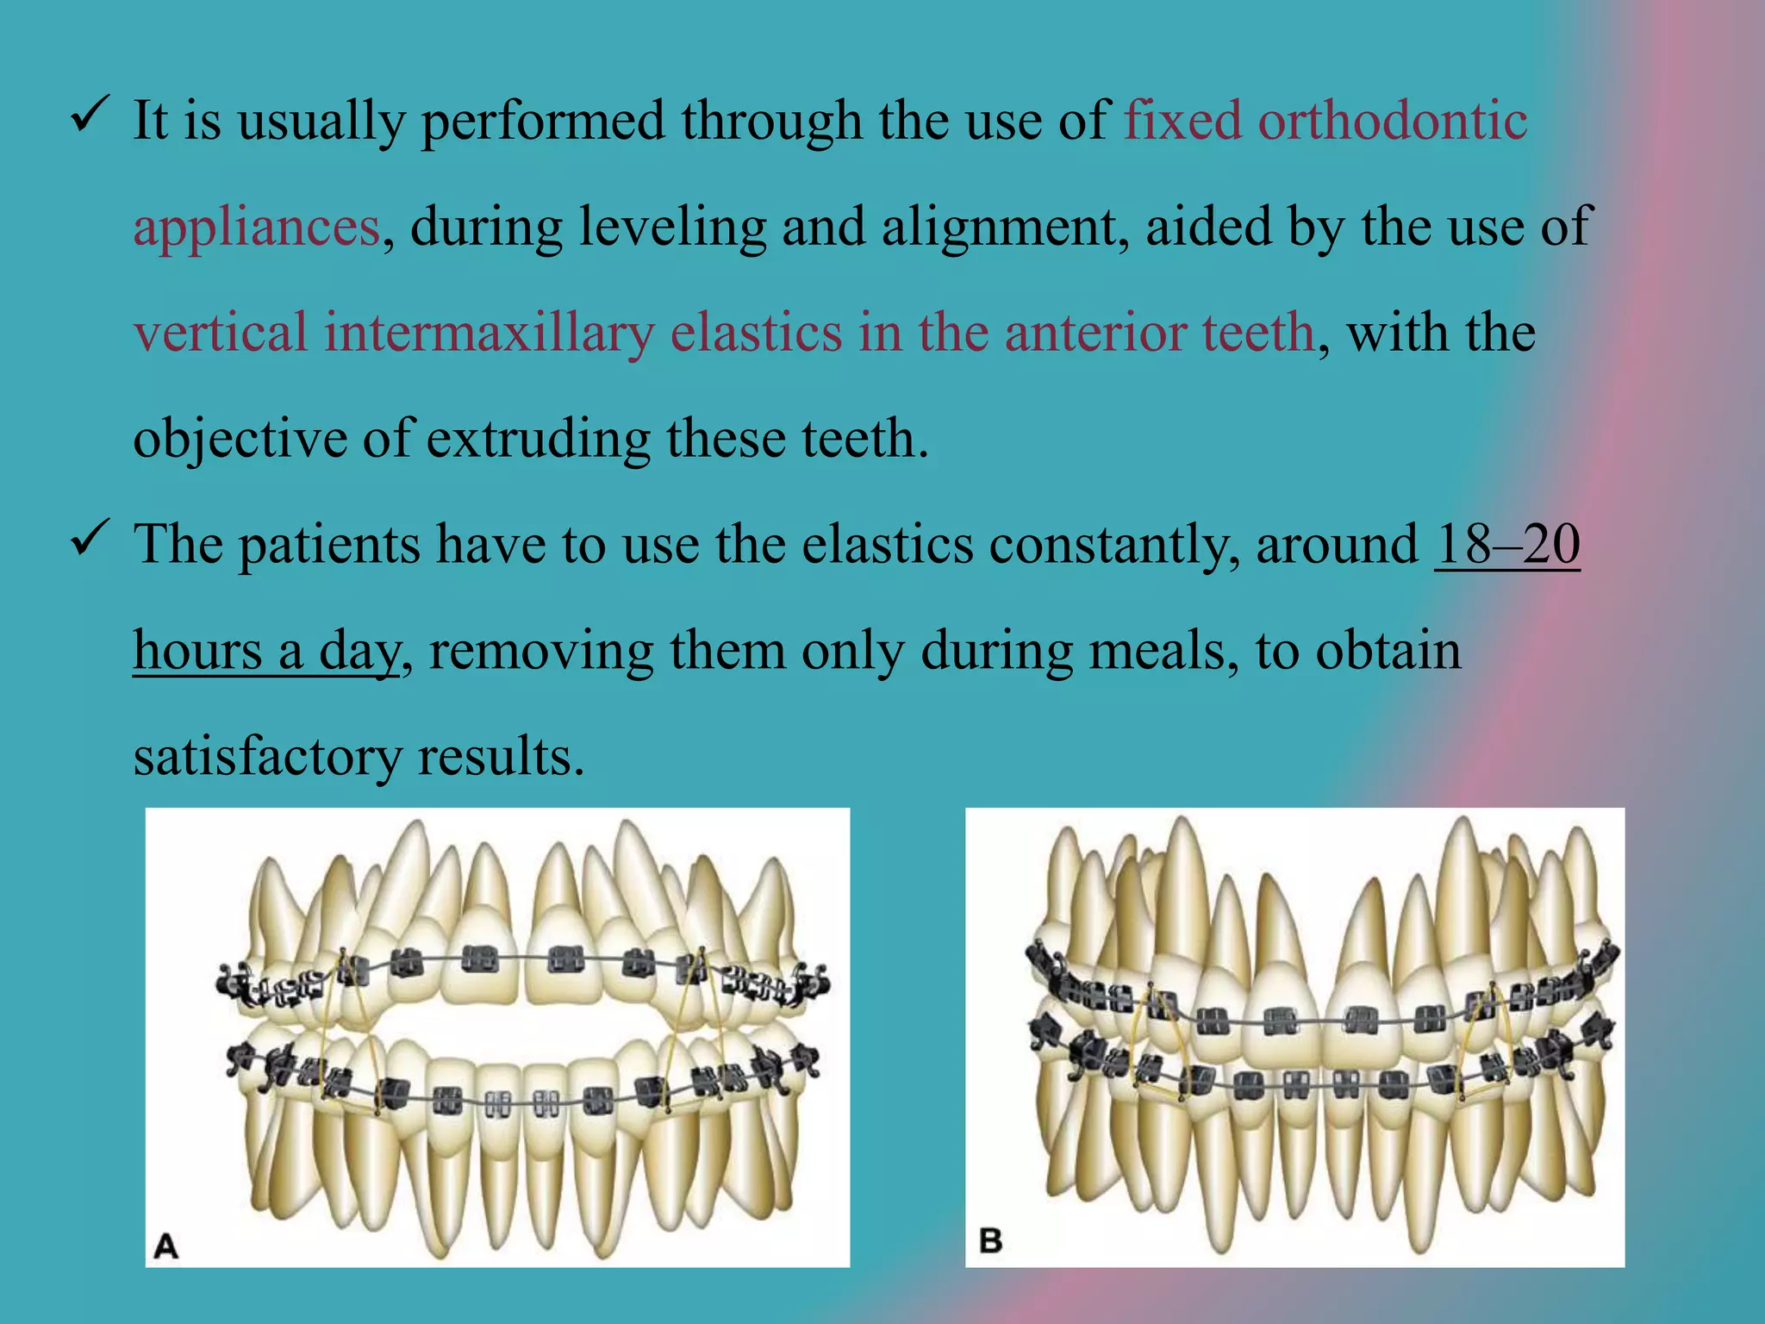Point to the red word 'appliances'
(x=256, y=228)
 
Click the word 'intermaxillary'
(x=489, y=333)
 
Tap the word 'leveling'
(x=672, y=228)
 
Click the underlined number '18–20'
(x=1507, y=545)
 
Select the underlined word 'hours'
(x=197, y=650)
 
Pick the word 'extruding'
(x=538, y=439)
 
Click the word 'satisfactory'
(x=267, y=757)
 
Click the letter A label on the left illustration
(x=165, y=1246)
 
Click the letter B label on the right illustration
(x=991, y=1241)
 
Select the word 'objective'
(x=240, y=439)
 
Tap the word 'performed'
(x=543, y=121)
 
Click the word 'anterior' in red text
(x=1095, y=333)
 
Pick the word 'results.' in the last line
(x=501, y=757)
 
